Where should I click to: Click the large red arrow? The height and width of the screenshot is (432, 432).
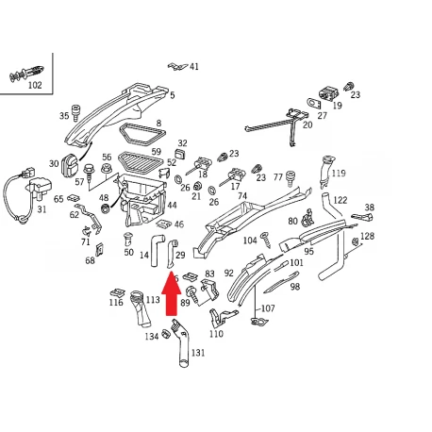point(172,292)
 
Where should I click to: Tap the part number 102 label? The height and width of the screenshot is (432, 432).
point(35,85)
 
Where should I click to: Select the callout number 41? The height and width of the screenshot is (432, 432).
point(194,66)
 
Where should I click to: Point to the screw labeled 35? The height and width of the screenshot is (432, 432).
point(75,113)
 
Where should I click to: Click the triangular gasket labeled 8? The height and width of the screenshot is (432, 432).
point(142,135)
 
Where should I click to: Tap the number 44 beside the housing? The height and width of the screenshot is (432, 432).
point(172,205)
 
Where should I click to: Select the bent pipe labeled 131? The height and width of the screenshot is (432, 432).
point(181,343)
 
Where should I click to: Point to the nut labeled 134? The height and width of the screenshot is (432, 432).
point(166,334)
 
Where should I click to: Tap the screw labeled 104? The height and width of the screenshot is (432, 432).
point(266,240)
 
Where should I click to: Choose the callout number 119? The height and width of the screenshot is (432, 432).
point(339,173)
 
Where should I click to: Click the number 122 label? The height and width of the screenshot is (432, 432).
point(341,200)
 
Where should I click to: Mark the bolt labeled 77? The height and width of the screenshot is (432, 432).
point(291,179)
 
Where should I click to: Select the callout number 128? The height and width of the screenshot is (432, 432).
point(367,236)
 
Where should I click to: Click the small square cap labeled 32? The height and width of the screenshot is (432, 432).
point(181,154)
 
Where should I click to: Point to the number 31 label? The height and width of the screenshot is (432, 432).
point(42,209)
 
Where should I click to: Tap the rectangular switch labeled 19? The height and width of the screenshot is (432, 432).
point(329,93)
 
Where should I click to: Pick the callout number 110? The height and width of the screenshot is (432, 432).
point(216,334)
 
